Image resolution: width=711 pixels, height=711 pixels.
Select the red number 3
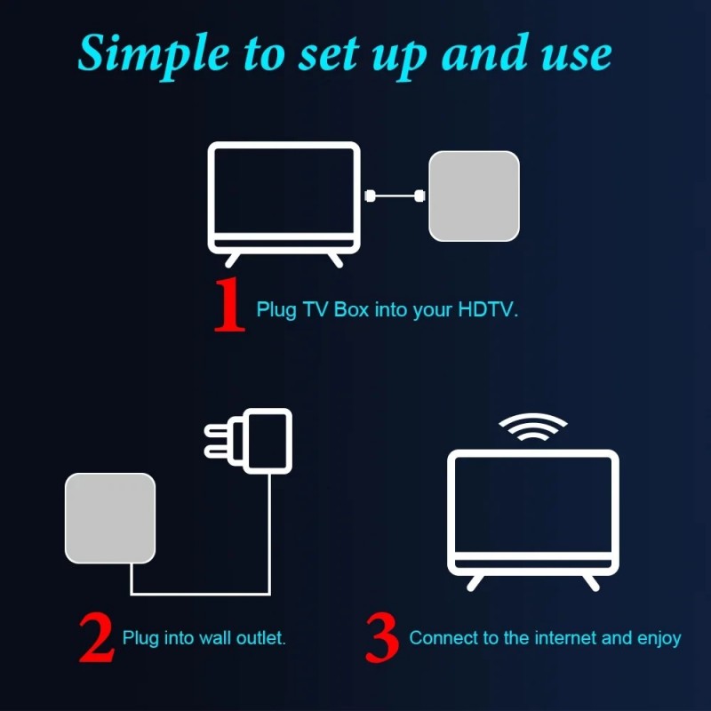pyautogui.click(x=381, y=637)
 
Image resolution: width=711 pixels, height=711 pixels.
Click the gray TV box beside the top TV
pyautogui.click(x=474, y=196)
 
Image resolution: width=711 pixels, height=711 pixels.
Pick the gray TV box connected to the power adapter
pyautogui.click(x=110, y=518)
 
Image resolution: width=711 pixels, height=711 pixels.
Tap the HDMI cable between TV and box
pyautogui.click(x=395, y=196)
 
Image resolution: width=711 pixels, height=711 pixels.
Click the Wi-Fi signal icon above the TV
pyautogui.click(x=532, y=428)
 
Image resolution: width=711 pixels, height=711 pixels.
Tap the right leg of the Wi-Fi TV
pyautogui.click(x=588, y=581)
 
